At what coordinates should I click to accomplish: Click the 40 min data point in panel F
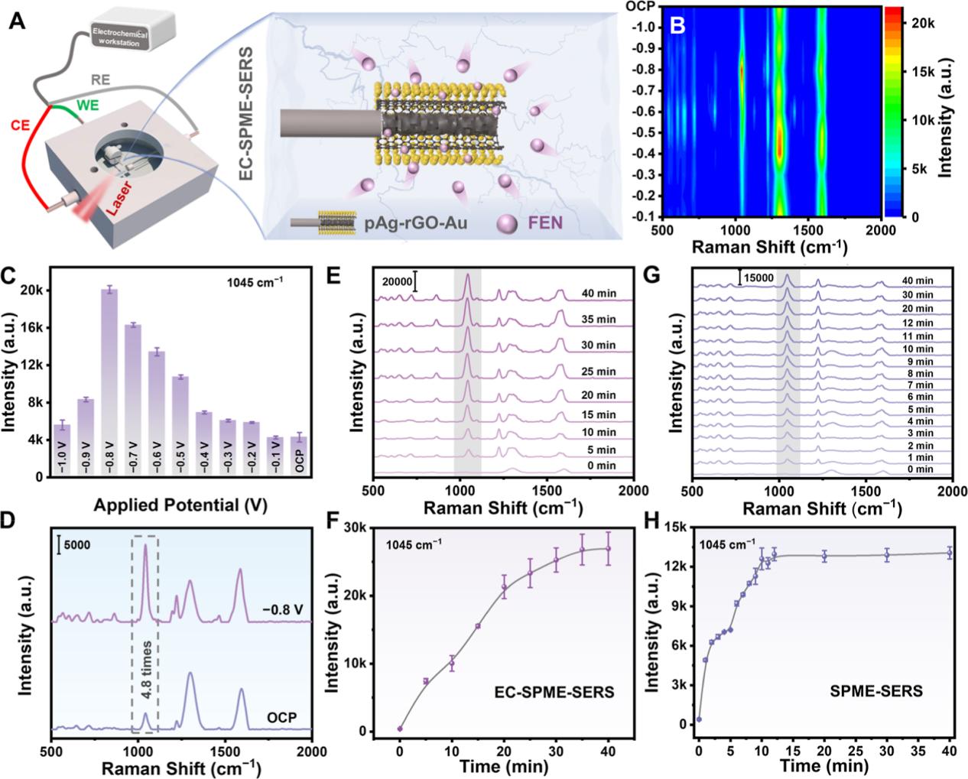click(608, 548)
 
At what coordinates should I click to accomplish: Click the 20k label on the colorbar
click(918, 22)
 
